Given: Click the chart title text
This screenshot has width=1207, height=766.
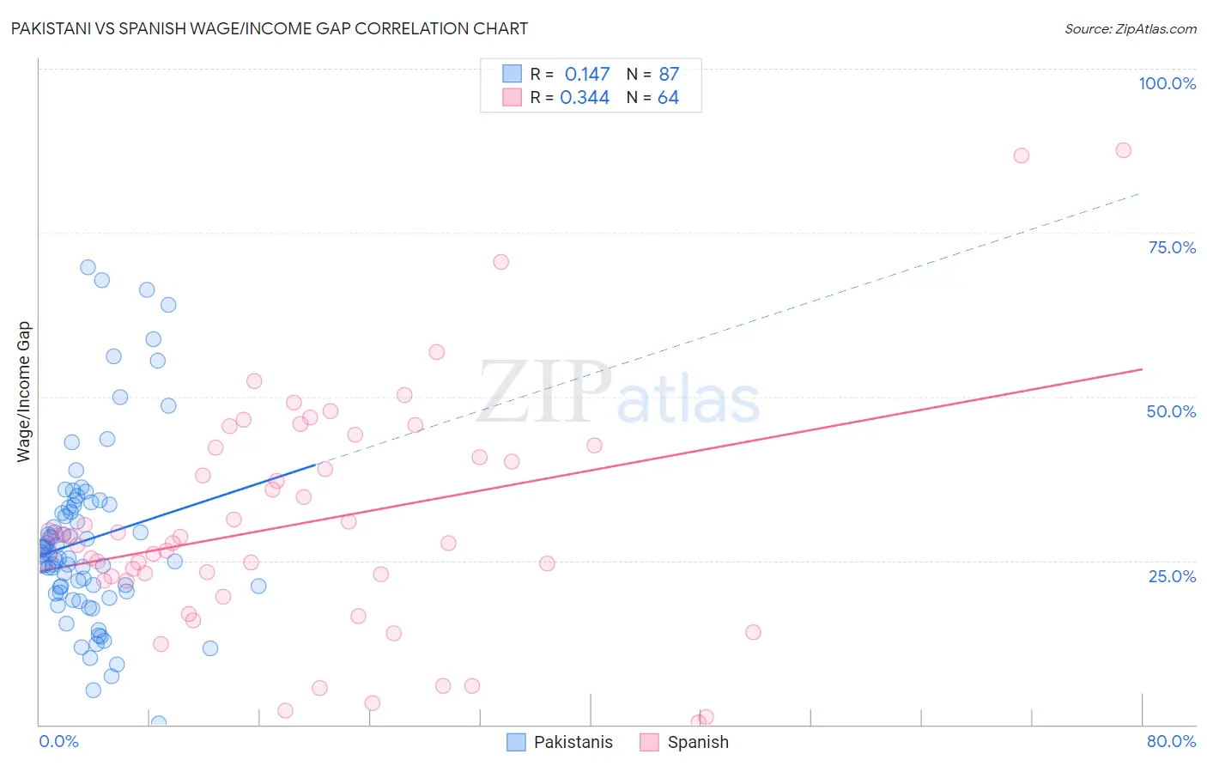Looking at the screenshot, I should [269, 28].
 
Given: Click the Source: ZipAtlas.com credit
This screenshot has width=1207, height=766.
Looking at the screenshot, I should [1130, 29].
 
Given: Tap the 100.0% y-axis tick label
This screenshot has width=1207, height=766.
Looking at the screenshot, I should [1167, 83].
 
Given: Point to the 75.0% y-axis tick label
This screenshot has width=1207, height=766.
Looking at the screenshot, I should [1172, 247].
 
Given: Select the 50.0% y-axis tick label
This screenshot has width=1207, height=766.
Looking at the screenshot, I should [1171, 411].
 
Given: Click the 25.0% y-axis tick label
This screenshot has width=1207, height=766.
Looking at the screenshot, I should [1172, 575].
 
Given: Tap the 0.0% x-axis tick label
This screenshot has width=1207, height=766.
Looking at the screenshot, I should [58, 741].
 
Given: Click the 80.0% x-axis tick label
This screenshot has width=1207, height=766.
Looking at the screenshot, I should [1171, 741].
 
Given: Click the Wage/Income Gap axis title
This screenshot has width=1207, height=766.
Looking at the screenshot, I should [24, 392].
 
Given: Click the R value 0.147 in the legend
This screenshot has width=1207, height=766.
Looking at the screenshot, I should [587, 75].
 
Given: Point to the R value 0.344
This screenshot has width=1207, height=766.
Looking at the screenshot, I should [585, 98].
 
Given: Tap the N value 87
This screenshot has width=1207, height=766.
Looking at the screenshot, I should [669, 75].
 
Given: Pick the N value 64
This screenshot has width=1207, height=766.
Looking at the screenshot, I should [668, 98].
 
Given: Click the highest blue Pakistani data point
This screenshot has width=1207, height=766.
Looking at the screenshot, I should [88, 267].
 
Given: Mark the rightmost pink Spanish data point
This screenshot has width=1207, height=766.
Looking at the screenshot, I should [1123, 150].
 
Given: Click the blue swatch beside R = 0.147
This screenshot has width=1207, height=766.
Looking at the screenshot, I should [513, 74].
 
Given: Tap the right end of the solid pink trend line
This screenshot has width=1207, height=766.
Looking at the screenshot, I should [1142, 369].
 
